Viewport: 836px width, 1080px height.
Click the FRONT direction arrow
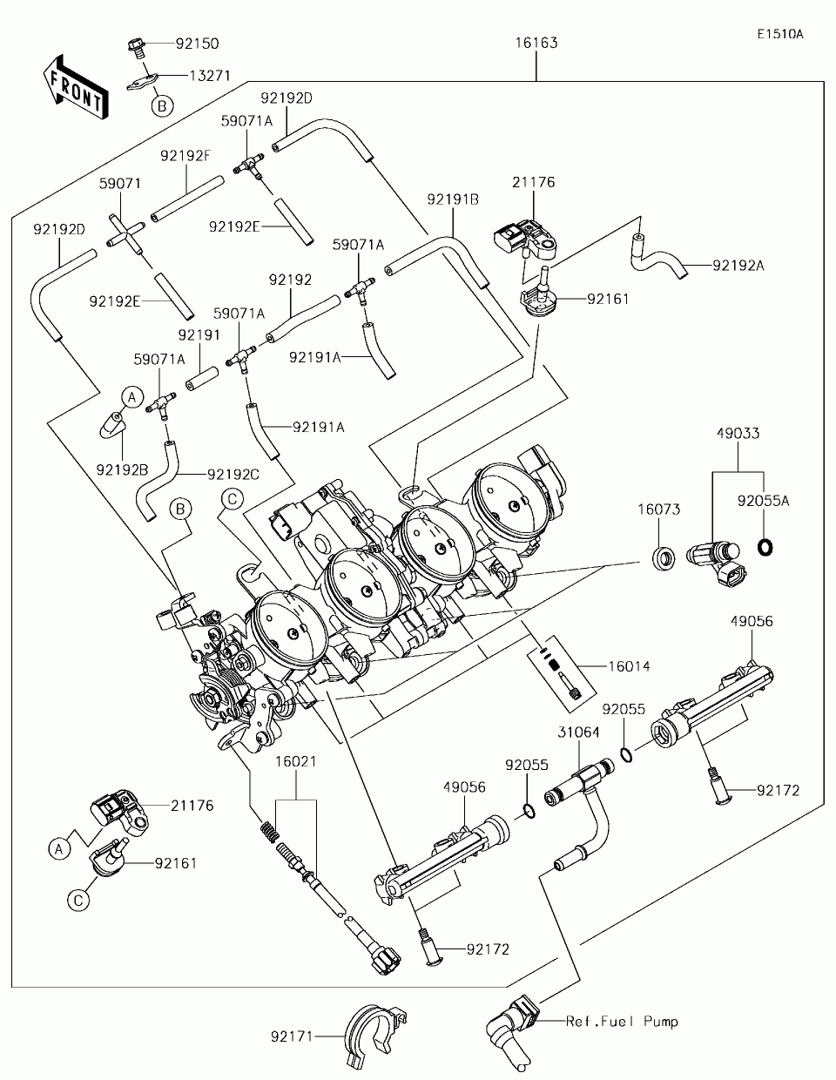76,87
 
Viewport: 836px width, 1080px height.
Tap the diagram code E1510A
780,34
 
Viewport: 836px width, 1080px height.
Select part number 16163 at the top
536,43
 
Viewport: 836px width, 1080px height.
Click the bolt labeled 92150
135,47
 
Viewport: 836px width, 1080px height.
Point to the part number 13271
210,76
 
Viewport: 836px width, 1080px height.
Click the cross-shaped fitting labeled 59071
125,235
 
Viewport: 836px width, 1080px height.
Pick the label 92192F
185,156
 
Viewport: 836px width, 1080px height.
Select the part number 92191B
453,199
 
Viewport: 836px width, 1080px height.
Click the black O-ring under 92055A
765,547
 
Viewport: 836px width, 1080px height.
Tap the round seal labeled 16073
664,558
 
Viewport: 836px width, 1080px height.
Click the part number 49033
738,434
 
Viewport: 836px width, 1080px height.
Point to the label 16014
629,666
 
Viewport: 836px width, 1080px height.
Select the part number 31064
579,732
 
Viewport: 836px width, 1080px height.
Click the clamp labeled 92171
375,1036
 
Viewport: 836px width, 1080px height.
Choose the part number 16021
296,761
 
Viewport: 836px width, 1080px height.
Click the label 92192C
233,475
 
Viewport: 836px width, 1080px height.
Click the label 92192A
738,266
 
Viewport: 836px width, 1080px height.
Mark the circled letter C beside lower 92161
78,901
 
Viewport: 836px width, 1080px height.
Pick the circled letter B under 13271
162,106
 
